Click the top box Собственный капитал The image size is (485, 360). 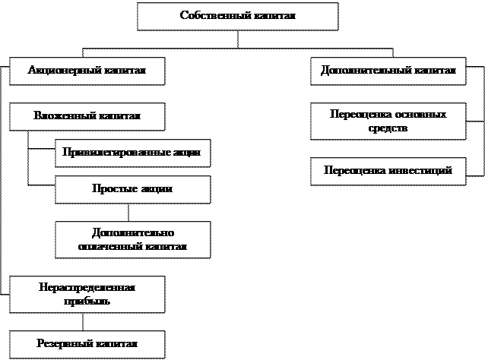(237, 16)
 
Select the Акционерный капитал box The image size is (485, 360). (87, 71)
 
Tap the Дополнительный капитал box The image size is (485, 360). (388, 71)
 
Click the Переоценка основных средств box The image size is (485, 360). (388, 122)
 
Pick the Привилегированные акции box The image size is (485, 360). (132, 153)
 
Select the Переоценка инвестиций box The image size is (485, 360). (388, 171)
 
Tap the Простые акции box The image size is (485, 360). (132, 189)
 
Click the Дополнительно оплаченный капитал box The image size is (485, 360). (132, 239)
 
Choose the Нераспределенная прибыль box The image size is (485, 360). (87, 294)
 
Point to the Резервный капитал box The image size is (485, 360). (87, 344)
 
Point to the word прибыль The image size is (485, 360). (87, 301)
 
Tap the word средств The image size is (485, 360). (388, 129)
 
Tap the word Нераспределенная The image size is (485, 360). (87, 287)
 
